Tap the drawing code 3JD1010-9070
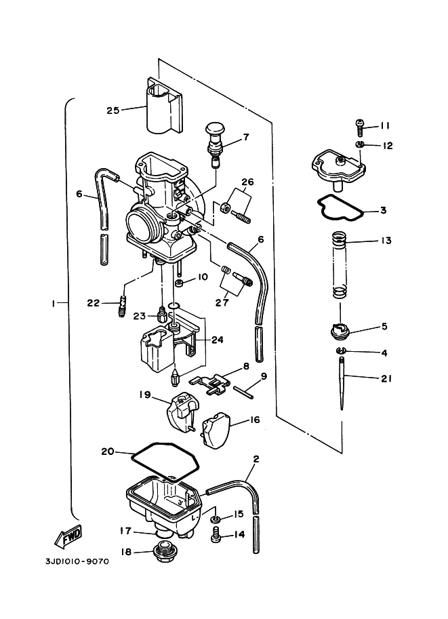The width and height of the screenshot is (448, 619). click(77, 561)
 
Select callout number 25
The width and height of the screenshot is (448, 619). click(113, 111)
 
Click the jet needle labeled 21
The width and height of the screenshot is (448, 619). click(342, 383)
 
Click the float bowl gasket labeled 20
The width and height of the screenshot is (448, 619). click(165, 461)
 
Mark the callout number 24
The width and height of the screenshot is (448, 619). click(217, 340)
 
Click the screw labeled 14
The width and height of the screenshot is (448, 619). click(216, 535)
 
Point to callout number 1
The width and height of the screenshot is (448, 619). click(52, 303)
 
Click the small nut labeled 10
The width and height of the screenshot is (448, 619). click(179, 283)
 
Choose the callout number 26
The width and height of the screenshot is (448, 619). click(247, 182)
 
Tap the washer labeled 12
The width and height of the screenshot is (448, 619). click(360, 145)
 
